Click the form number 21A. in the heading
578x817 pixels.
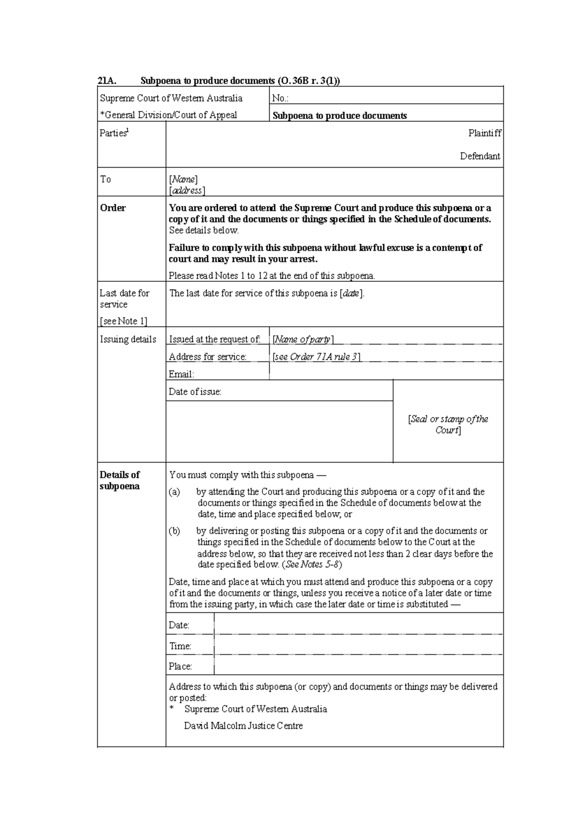pyautogui.click(x=106, y=81)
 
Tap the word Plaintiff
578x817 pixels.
pyautogui.click(x=485, y=133)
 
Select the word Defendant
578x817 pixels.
pyautogui.click(x=480, y=156)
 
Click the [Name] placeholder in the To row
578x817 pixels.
pyautogui.click(x=183, y=179)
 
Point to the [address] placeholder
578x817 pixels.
pyautogui.click(x=187, y=190)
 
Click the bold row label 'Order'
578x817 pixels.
pyautogui.click(x=113, y=208)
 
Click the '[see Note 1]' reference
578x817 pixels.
pyautogui.click(x=123, y=321)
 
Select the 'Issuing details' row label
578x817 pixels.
pyautogui.click(x=128, y=339)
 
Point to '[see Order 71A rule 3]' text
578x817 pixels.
pyautogui.click(x=316, y=357)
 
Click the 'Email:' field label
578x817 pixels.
pyautogui.click(x=181, y=374)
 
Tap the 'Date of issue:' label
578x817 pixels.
pyautogui.click(x=195, y=392)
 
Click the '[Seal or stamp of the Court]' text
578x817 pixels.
pyautogui.click(x=448, y=424)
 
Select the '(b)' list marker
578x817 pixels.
pyautogui.click(x=174, y=531)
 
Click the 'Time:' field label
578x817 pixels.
pyautogui.click(x=180, y=646)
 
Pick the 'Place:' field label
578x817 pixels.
pyautogui.click(x=180, y=666)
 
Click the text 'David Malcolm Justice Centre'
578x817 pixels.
pyautogui.click(x=243, y=725)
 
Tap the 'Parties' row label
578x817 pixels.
pyautogui.click(x=113, y=133)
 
